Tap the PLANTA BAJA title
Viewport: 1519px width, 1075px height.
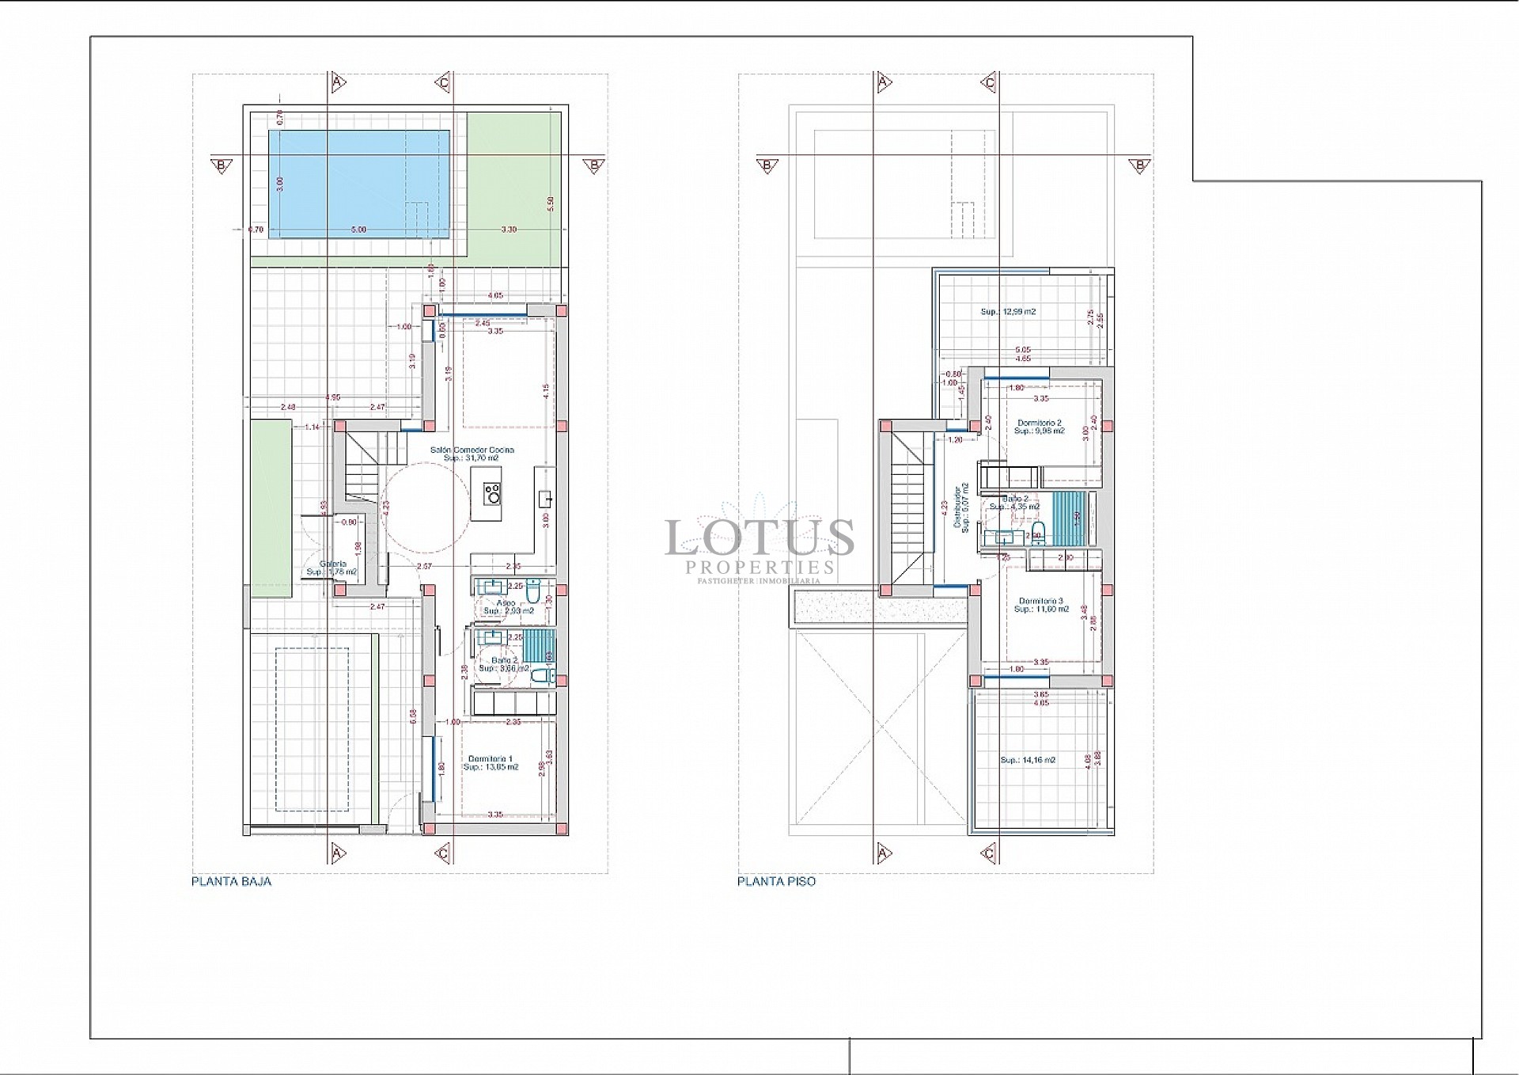tap(231, 881)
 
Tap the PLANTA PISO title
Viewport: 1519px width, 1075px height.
tap(776, 881)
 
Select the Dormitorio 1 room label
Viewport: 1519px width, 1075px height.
tap(491, 758)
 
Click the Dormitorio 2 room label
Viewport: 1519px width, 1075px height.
tap(1040, 423)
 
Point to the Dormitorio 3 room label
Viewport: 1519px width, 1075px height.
tap(1041, 600)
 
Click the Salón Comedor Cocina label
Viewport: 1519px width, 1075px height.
tap(472, 450)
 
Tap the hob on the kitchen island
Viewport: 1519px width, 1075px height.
tap(492, 494)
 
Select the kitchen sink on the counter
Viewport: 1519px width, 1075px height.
tap(545, 499)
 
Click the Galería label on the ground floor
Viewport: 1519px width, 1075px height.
tap(333, 564)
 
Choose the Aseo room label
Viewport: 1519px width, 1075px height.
tap(506, 603)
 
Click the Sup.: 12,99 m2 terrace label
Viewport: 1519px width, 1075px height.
tap(1008, 312)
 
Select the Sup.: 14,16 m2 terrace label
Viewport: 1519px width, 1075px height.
tap(1028, 760)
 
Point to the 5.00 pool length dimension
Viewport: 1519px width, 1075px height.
tap(358, 230)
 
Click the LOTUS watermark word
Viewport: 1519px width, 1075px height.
tap(759, 537)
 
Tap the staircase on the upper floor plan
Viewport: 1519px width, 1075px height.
tap(908, 507)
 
